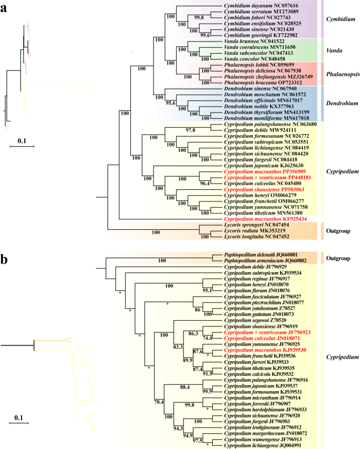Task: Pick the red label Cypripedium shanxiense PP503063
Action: click(262, 189)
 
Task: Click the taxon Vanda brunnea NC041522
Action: click(251, 40)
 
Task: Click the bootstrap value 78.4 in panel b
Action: click(159, 401)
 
